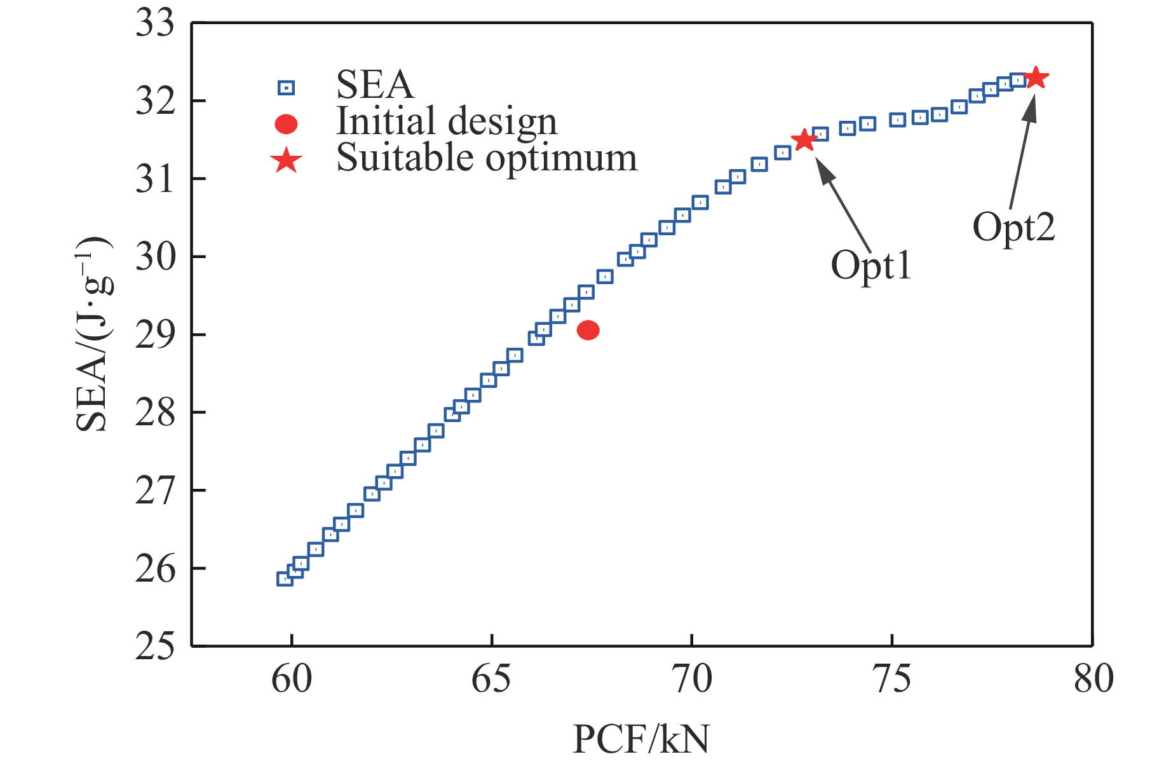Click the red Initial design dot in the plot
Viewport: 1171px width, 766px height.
click(588, 330)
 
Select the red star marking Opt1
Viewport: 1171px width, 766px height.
click(804, 140)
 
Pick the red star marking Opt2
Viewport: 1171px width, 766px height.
click(1036, 78)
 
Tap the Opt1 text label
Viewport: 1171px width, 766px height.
click(871, 264)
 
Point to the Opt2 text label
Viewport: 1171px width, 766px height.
click(1013, 227)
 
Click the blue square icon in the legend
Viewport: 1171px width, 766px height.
click(287, 88)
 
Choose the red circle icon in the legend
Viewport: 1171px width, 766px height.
click(286, 124)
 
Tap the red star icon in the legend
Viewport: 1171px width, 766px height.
click(286, 160)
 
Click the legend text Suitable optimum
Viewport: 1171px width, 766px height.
click(487, 158)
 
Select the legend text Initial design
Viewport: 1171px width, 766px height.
click(446, 121)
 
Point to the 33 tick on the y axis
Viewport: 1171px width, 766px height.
click(154, 24)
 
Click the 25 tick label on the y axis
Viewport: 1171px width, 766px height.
click(154, 646)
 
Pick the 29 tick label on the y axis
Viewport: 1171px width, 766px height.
click(154, 335)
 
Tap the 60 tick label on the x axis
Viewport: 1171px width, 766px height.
click(292, 678)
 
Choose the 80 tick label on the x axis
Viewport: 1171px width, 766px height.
click(1093, 678)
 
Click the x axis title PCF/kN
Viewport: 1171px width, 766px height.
click(640, 739)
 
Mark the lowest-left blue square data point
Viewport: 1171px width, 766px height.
click(285, 578)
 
